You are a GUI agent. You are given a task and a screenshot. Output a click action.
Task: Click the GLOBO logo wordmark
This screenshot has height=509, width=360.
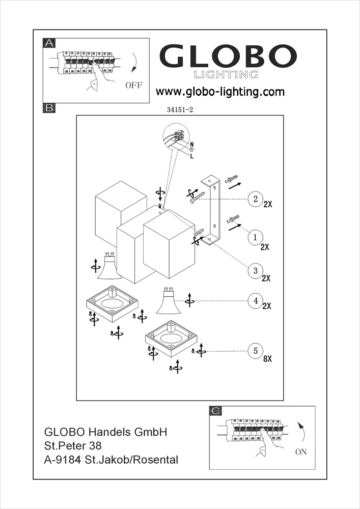click(x=229, y=56)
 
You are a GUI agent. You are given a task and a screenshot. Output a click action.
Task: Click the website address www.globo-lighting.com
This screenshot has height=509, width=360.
click(x=219, y=92)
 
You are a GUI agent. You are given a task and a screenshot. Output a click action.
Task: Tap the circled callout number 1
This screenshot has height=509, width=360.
click(x=255, y=237)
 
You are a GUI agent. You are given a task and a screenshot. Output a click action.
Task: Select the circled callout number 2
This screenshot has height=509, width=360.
click(x=255, y=199)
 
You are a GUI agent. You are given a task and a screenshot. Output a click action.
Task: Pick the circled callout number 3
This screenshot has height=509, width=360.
click(x=255, y=270)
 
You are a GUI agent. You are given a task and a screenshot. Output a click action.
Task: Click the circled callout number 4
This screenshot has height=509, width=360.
click(x=255, y=300)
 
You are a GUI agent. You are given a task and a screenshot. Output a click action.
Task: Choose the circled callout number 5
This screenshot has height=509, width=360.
click(x=255, y=351)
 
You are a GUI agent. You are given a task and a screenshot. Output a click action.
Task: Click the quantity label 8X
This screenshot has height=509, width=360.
click(x=267, y=359)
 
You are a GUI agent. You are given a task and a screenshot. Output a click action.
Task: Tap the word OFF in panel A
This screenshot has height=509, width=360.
click(x=134, y=85)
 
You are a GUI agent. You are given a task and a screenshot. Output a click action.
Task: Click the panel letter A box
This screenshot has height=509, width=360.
click(x=49, y=43)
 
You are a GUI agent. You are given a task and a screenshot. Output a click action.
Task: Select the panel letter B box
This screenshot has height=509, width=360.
click(x=49, y=108)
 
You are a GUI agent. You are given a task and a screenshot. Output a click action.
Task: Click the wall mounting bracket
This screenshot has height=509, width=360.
click(x=210, y=210)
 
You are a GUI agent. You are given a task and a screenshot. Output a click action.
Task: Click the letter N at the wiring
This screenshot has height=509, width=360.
click(x=192, y=145)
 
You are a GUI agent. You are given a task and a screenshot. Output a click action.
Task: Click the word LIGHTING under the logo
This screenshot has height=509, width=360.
click(x=226, y=75)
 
